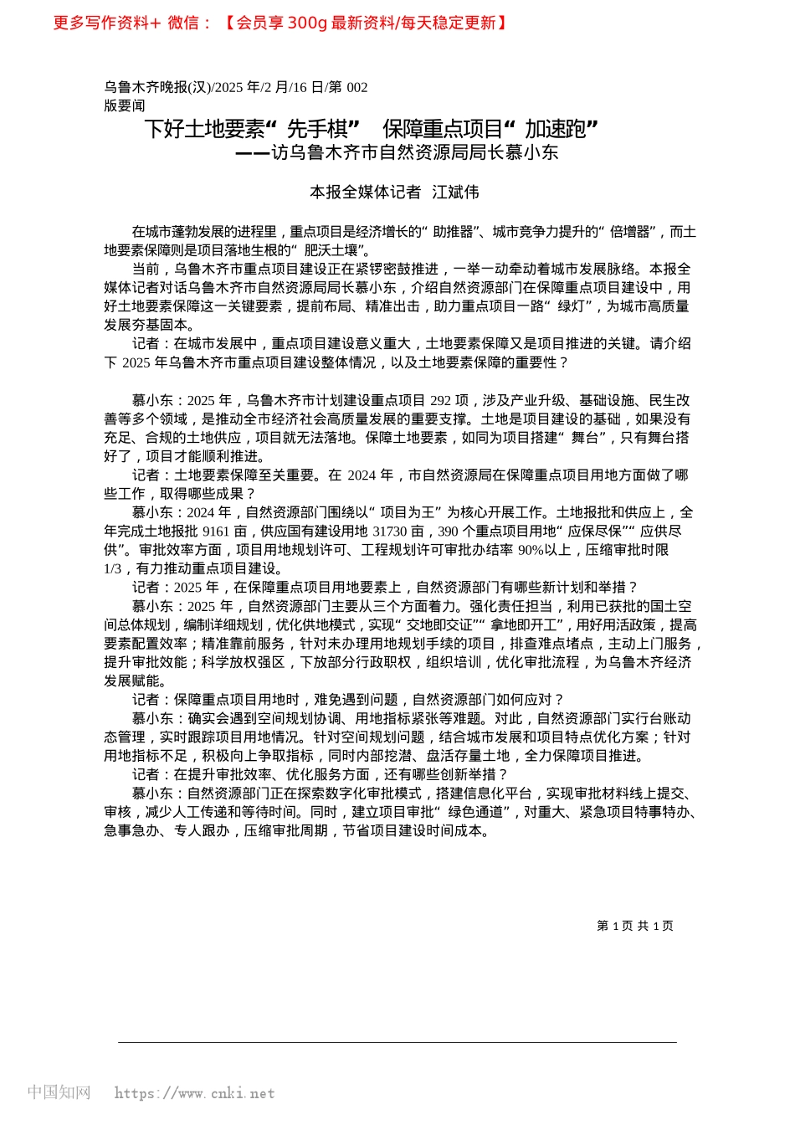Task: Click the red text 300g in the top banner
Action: click(x=306, y=23)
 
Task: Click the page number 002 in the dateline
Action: click(x=356, y=87)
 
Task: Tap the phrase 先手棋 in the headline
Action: click(x=317, y=129)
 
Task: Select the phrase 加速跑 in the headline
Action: click(x=556, y=129)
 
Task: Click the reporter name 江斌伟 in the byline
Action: click(x=455, y=193)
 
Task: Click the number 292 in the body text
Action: click(x=441, y=400)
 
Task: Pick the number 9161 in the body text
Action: click(x=216, y=531)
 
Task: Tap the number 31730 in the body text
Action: click(x=389, y=531)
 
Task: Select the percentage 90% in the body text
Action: click(x=531, y=550)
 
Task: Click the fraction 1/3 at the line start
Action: click(x=113, y=568)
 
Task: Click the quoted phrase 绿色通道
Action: click(x=476, y=812)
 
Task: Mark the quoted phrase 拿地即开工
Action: click(x=524, y=624)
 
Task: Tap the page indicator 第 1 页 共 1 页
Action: click(x=634, y=926)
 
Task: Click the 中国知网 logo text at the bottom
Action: click(x=59, y=1092)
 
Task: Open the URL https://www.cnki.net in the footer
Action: click(x=194, y=1093)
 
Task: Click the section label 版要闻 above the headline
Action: click(x=125, y=105)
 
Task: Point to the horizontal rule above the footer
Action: click(x=397, y=1042)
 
